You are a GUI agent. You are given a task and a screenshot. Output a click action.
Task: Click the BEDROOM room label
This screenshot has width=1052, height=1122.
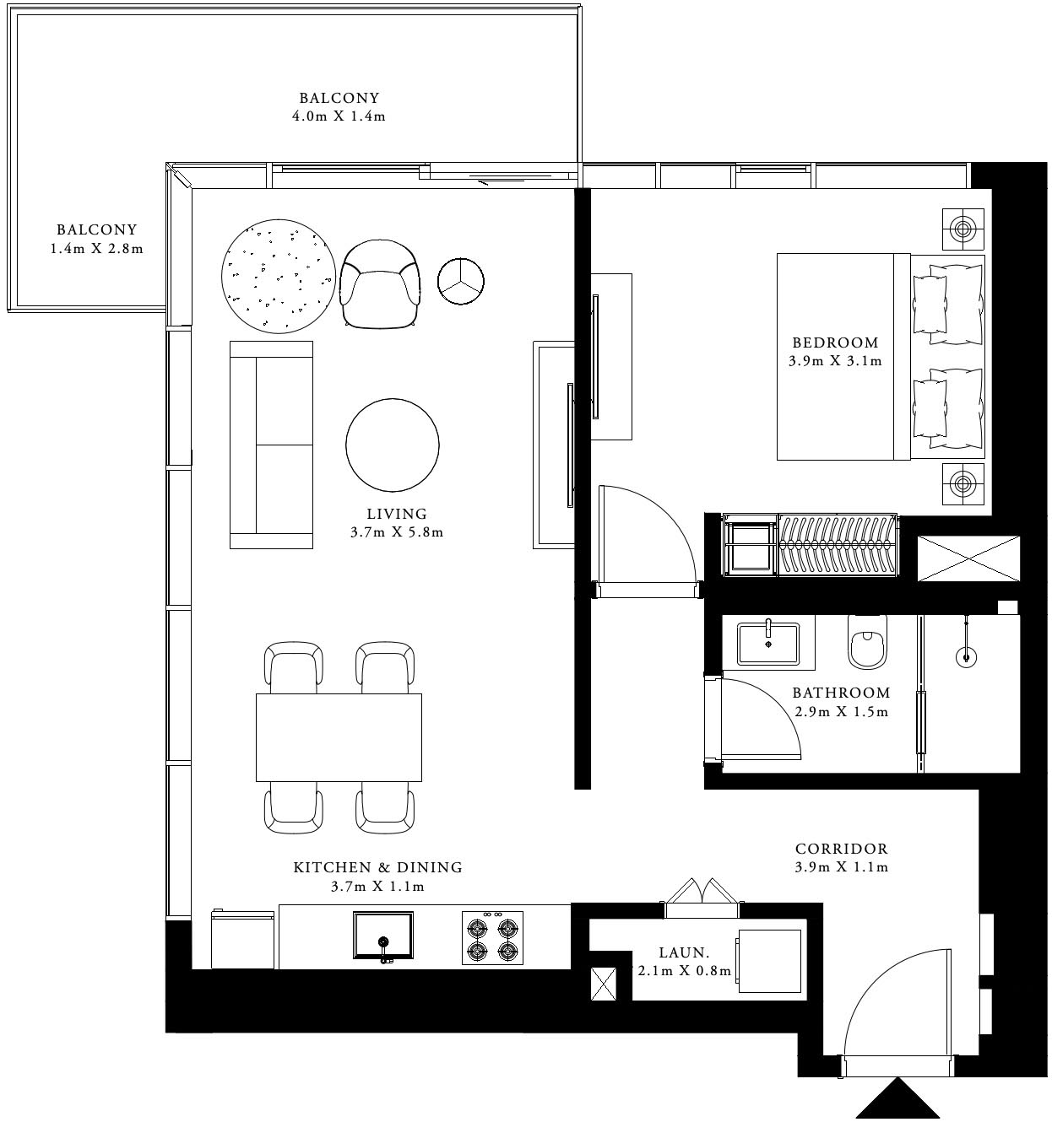835,343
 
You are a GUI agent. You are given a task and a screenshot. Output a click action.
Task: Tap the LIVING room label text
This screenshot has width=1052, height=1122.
397,514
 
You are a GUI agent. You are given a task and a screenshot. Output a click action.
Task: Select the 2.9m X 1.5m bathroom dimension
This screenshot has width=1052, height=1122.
841,712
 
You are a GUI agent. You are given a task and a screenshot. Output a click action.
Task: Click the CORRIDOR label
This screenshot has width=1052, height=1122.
841,850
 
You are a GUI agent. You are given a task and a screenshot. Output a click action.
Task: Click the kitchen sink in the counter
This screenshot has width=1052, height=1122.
382,936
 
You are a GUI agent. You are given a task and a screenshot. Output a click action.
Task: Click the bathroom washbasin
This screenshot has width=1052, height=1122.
767,645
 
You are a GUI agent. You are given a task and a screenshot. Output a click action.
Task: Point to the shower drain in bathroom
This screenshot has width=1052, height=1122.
966,655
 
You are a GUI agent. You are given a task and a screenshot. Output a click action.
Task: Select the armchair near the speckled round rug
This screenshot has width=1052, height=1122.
380,283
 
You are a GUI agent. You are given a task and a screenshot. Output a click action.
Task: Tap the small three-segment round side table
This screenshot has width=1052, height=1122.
460,279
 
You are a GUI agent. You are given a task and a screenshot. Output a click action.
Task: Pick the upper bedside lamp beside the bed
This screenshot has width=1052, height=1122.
963,228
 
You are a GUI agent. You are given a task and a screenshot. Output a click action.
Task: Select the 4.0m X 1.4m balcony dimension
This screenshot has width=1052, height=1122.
339,116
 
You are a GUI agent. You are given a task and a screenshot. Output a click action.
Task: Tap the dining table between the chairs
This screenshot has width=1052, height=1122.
339,737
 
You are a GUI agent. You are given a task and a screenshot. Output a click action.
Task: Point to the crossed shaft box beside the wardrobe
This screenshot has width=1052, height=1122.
968,558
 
